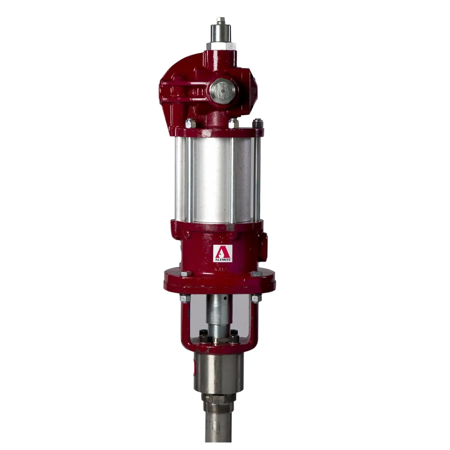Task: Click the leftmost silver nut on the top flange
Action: pyautogui.click(x=189, y=122)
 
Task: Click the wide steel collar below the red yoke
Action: pyautogui.click(x=218, y=371)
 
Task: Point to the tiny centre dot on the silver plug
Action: pyautogui.click(x=222, y=91)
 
